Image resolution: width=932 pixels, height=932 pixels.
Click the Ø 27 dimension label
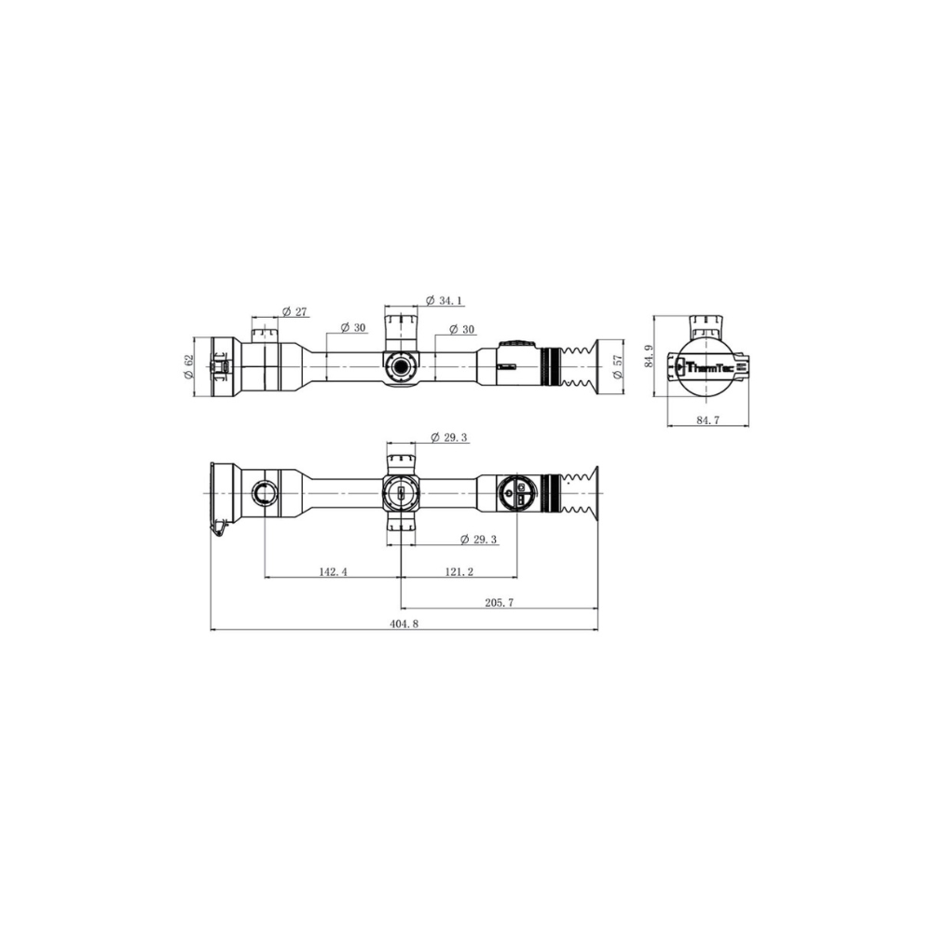click(x=295, y=312)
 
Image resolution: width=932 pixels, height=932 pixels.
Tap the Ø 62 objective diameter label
click(x=189, y=366)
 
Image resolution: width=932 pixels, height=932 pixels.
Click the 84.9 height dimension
click(x=647, y=357)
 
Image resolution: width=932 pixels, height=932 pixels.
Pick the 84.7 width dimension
click(x=709, y=420)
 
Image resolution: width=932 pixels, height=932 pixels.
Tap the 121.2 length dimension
click(x=459, y=572)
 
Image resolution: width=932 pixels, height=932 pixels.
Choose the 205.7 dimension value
click(x=500, y=603)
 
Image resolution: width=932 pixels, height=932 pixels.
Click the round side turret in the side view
click(x=401, y=366)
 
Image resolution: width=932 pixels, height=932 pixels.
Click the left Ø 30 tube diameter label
click(x=353, y=328)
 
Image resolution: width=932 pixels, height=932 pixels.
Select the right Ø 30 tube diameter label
click(x=461, y=329)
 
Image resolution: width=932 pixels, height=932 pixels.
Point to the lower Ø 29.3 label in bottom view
click(x=480, y=540)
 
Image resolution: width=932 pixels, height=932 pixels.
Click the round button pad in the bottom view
click(x=514, y=492)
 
